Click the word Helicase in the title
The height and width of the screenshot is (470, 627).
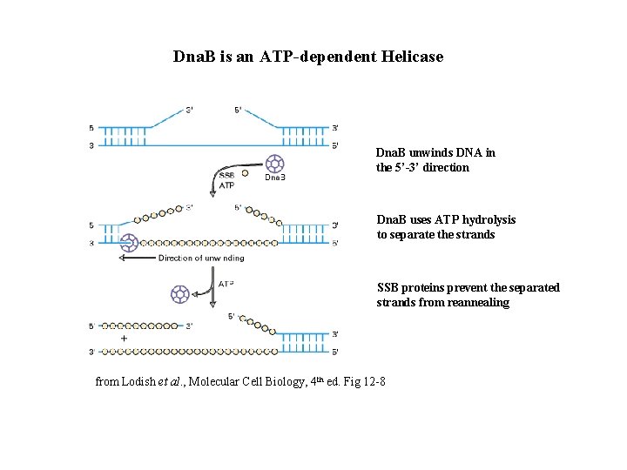click(412, 57)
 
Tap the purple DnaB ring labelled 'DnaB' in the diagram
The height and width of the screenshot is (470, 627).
click(275, 163)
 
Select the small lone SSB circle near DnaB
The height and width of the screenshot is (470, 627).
click(245, 173)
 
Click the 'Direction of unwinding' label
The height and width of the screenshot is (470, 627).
click(201, 258)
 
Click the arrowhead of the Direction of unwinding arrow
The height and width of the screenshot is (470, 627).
click(123, 258)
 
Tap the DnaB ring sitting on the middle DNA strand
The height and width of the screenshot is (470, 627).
click(130, 243)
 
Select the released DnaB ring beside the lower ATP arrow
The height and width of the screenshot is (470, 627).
click(180, 292)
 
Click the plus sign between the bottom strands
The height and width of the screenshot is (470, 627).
click(125, 338)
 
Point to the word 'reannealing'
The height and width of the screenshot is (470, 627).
click(477, 303)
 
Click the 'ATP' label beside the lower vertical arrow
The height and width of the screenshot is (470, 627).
click(226, 284)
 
